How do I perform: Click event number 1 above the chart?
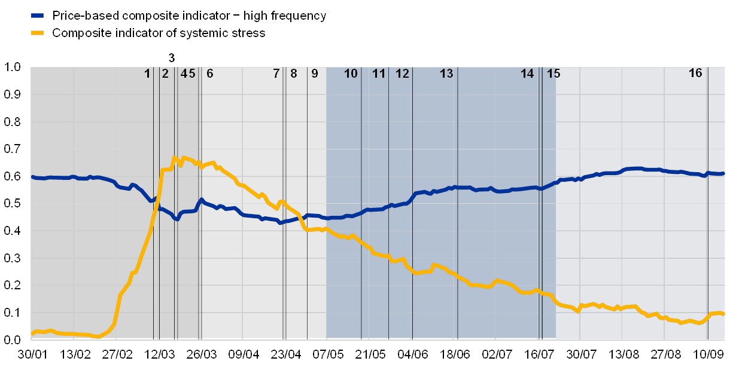coord(147,74)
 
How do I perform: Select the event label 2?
coord(165,74)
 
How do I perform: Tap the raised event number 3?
coord(172,58)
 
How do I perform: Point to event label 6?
coord(209,74)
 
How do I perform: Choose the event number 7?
coord(276,74)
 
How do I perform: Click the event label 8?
coord(293,74)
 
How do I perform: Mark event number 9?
coord(315,74)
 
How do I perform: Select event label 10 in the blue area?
coord(351,74)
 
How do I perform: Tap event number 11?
coord(379,74)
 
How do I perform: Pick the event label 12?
coord(402,74)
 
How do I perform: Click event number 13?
coord(446,74)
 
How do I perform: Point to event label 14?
coord(527,74)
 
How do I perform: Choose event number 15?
coord(554,74)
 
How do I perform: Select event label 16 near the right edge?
coord(695,73)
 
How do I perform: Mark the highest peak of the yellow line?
coord(174,158)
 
